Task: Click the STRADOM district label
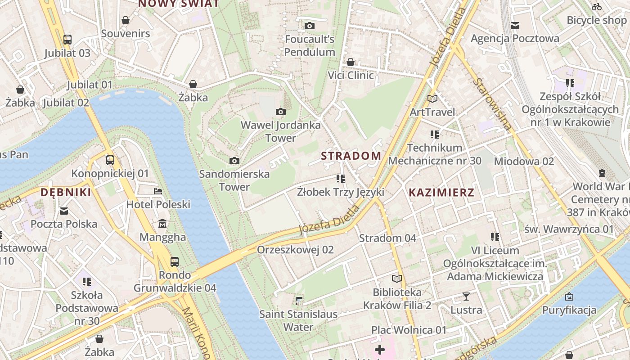click(351, 156)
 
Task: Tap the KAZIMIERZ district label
click(441, 193)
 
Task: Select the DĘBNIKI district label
click(66, 193)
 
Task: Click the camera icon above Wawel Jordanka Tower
click(281, 112)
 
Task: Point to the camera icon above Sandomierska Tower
click(234, 161)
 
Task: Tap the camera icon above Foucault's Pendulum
click(309, 26)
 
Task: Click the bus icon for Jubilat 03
click(67, 39)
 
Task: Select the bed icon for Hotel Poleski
click(158, 191)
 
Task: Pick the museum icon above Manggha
click(162, 223)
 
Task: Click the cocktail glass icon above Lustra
click(466, 296)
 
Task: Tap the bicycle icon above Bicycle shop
click(597, 6)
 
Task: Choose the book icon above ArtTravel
click(432, 99)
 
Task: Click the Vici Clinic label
click(351, 75)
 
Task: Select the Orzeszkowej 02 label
click(295, 250)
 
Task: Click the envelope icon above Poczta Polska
click(64, 211)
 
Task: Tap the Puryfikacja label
click(569, 310)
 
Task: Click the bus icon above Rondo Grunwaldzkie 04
click(175, 261)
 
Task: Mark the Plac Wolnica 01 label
click(409, 330)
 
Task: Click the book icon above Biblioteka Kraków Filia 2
click(396, 279)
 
